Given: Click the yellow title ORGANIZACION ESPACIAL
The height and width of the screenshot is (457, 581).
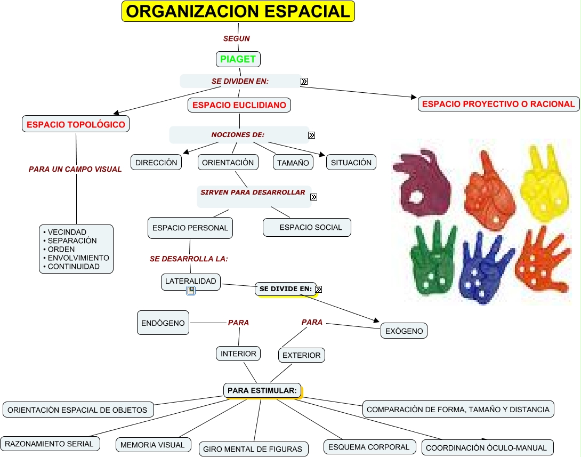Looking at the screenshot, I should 238,11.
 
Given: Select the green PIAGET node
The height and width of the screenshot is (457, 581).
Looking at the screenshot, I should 238,59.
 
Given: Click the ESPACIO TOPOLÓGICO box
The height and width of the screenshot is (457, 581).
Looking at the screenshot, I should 76,125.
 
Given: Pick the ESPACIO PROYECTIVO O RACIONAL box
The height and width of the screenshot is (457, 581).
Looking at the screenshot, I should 498,104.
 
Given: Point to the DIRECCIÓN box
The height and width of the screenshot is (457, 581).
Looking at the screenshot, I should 156,162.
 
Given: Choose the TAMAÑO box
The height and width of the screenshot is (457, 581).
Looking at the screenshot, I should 293,163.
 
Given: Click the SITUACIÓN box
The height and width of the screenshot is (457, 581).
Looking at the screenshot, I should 351,162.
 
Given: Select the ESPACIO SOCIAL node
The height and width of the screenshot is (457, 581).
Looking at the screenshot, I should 308,227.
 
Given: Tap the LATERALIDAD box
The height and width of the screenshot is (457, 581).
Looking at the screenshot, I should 190,281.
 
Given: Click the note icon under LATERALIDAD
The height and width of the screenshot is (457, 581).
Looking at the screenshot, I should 191,291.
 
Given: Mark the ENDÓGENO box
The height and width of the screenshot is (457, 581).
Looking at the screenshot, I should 163,323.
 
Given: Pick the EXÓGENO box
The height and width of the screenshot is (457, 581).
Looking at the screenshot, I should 404,331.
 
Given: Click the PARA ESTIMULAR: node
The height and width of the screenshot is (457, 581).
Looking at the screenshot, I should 262,391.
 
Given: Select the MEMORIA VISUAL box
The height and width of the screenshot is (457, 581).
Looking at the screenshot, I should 152,445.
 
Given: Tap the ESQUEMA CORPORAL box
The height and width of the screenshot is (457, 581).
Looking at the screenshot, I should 369,447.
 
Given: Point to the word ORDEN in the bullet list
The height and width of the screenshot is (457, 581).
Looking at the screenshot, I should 61,249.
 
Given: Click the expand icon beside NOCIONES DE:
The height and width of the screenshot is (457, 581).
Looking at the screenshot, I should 311,135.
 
